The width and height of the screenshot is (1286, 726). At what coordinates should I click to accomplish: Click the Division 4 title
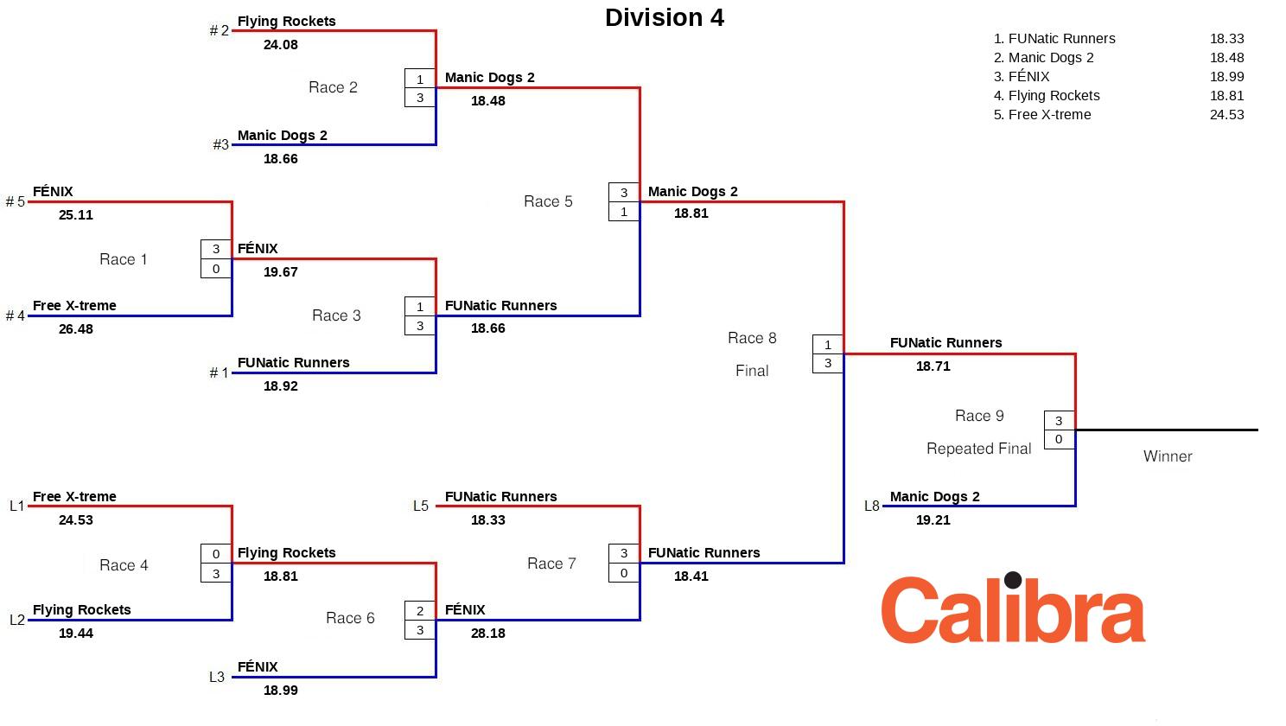[x=664, y=18]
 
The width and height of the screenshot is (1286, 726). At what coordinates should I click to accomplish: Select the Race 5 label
[x=548, y=201]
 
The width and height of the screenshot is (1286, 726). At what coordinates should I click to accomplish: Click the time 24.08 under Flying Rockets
[x=280, y=45]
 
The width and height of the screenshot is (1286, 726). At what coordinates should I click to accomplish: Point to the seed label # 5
[x=16, y=202]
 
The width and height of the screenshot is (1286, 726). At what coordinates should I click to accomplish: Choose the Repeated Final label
[x=978, y=449]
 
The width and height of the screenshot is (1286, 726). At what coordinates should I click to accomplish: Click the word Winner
[x=1167, y=456]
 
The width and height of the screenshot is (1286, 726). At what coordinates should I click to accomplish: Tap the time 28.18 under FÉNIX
[x=487, y=634]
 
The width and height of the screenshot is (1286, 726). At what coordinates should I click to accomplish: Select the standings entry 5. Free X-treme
[x=1042, y=115]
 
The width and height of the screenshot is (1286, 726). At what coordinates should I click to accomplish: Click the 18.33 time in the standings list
[x=1226, y=39]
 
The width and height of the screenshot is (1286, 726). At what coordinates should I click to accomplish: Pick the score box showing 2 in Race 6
[x=420, y=611]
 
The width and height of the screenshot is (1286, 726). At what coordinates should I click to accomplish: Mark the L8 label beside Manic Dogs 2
[x=872, y=506]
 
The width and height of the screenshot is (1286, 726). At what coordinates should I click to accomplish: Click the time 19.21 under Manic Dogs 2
[x=933, y=520]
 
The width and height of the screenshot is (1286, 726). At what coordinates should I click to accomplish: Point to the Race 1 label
[x=124, y=259]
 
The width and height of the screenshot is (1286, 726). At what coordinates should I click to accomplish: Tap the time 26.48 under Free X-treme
[x=76, y=329]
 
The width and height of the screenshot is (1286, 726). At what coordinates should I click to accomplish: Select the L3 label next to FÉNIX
[x=217, y=677]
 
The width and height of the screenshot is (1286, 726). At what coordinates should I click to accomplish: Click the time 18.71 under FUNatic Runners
[x=933, y=366]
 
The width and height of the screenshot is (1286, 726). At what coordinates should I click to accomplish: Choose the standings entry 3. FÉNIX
[x=1022, y=77]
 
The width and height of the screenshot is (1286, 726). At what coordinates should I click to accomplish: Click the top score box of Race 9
[x=1059, y=421]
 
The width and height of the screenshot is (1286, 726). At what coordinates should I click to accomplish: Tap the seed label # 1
[x=220, y=373]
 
